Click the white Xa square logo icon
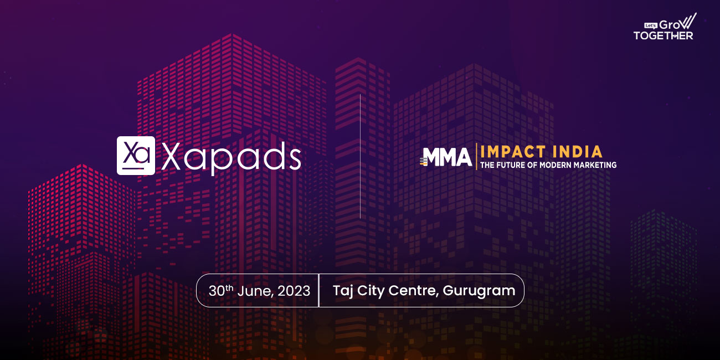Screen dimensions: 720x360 (136, 156)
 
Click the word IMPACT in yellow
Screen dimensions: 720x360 (513, 152)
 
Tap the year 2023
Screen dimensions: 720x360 (294, 291)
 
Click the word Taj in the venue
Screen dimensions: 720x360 (343, 291)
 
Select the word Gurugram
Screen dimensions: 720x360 (479, 291)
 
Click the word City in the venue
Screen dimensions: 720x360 (371, 291)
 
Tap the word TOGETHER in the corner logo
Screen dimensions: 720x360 (663, 35)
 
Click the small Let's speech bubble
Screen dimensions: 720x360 (651, 25)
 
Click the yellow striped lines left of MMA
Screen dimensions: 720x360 (424, 161)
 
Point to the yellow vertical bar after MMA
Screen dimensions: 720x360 (476, 157)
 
